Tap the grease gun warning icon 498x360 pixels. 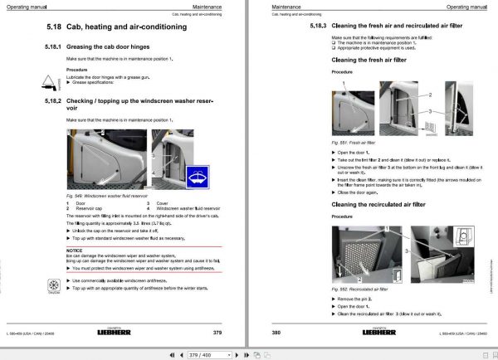(x=45, y=81)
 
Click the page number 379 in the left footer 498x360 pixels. (x=217, y=333)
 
